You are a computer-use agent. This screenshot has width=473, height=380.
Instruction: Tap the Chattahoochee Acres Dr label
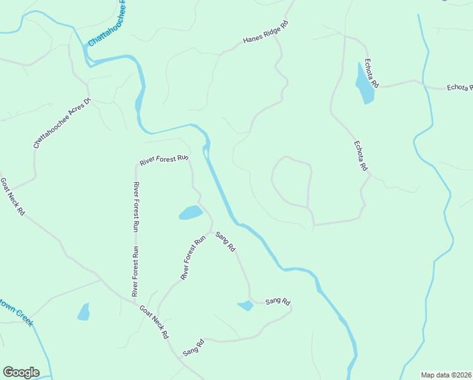pos(63,123)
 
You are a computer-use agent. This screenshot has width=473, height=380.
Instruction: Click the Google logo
pos(21,372)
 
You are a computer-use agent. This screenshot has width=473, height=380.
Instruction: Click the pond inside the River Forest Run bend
pos(190,213)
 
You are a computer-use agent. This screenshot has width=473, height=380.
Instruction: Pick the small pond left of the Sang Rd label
pos(245,306)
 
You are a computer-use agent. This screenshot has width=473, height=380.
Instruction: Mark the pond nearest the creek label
pos(83,312)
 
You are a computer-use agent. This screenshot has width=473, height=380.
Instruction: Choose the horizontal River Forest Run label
pos(164,160)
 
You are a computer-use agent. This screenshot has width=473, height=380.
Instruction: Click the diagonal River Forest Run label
pos(193,258)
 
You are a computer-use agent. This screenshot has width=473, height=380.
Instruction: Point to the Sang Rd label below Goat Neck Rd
pos(193,348)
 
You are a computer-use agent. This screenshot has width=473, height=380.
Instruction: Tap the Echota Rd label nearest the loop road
pos(360,156)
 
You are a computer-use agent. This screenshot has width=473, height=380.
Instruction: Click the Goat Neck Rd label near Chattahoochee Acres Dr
pos(12,196)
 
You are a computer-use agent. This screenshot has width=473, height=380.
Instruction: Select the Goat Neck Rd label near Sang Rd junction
pos(154,322)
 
